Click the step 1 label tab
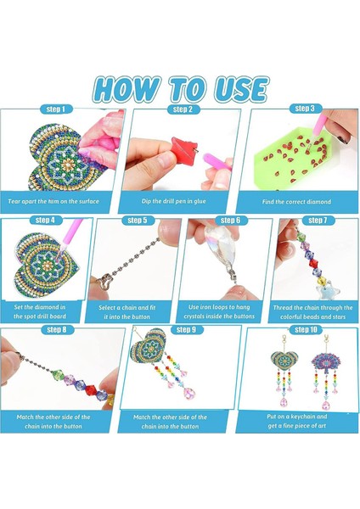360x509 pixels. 57,109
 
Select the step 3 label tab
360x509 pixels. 305,109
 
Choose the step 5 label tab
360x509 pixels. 137,221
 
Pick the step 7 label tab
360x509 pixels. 318,221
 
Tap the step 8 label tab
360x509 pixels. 57,329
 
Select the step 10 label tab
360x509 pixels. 305,329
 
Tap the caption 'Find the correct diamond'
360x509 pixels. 296,202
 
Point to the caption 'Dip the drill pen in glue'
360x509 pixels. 176,202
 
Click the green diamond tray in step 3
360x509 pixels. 297,161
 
